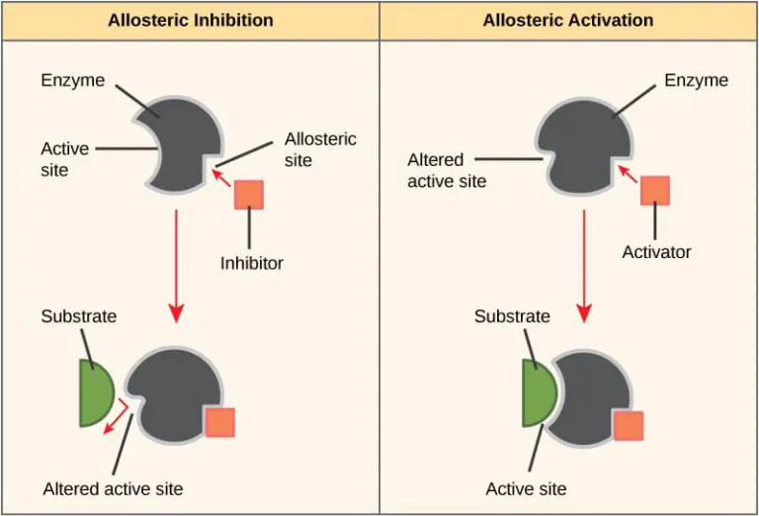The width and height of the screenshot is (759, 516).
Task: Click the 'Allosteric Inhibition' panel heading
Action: (189, 20)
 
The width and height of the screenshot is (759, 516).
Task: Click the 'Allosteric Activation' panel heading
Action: (567, 20)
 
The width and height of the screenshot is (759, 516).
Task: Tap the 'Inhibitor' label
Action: (251, 263)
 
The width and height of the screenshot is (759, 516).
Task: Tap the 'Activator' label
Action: (656, 252)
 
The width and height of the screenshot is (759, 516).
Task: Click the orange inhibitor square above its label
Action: (248, 195)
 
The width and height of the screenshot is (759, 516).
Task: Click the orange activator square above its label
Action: (654, 190)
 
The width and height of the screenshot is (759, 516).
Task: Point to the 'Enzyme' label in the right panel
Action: (696, 79)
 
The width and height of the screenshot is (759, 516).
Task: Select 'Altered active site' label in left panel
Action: (113, 488)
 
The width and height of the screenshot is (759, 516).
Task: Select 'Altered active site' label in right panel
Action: (447, 170)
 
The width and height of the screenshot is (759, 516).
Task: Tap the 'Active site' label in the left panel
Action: (64, 159)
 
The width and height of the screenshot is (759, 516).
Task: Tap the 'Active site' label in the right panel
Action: (526, 488)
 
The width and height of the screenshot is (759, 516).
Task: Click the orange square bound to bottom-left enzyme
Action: (219, 422)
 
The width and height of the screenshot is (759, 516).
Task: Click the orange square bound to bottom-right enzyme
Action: (629, 426)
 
